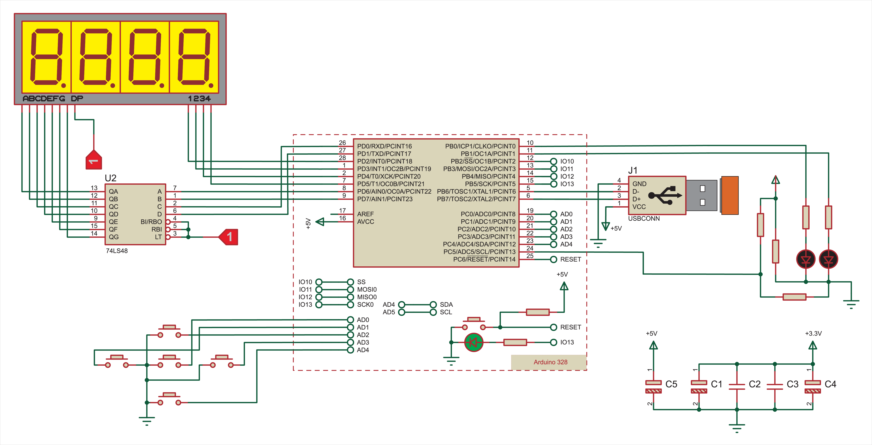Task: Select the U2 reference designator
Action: (x=111, y=178)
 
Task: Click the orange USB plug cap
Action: (x=730, y=195)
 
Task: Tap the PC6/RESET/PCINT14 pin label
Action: (x=484, y=259)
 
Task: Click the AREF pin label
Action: (x=365, y=214)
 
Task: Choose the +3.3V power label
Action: (x=813, y=333)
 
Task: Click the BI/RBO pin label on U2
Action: (x=151, y=222)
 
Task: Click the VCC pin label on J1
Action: (x=639, y=207)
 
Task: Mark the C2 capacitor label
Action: (x=755, y=384)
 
